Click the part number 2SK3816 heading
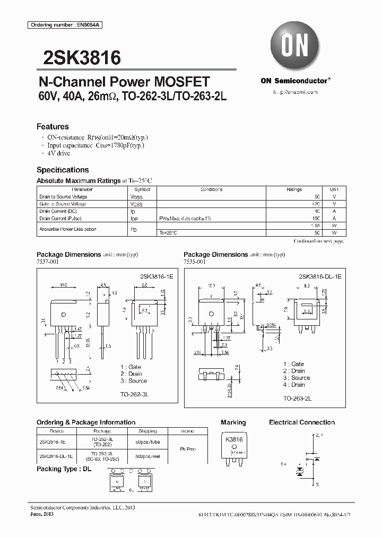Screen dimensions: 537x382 78,57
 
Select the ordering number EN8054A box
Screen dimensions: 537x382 58,25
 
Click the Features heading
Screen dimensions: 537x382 53,127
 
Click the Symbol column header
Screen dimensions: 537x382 142,189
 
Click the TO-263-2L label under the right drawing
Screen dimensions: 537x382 297,398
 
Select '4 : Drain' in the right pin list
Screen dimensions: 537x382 294,385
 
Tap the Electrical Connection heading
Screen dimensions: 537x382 302,422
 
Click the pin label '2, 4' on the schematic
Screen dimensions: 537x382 319,435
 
